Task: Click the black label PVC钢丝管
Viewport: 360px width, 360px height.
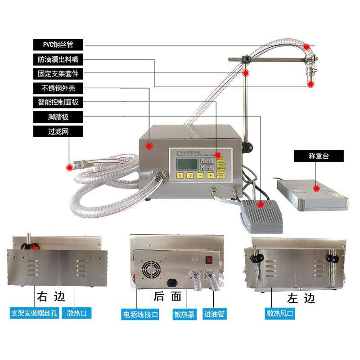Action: (59, 45)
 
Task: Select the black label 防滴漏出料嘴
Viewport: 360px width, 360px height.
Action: (59, 59)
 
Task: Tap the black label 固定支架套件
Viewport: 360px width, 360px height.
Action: (59, 73)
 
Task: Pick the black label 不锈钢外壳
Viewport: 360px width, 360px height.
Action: (59, 88)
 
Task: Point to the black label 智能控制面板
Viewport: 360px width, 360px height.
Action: (59, 102)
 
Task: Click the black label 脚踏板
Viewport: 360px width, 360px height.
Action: (59, 117)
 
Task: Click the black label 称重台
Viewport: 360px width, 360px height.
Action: (319, 156)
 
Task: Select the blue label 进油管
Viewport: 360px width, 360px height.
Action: (215, 314)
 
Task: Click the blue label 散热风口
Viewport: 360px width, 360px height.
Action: (280, 313)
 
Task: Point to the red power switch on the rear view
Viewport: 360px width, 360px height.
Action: (209, 260)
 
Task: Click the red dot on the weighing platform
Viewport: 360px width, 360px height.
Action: (317, 188)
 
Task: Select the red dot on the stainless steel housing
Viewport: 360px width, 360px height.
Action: (149, 145)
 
